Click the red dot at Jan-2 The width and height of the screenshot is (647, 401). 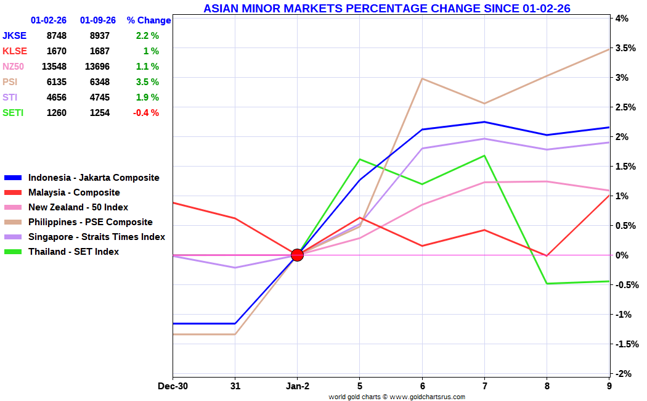(x=297, y=255)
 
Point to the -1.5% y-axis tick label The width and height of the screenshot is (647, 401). (x=623, y=344)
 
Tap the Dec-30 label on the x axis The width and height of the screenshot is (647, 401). (x=173, y=386)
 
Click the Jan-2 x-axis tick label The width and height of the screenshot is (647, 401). (x=297, y=386)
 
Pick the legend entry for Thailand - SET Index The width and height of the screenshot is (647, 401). (x=73, y=252)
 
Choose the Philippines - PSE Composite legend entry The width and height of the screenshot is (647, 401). (x=90, y=222)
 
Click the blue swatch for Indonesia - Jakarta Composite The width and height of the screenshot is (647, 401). (x=13, y=178)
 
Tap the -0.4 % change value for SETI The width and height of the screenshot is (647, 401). (x=147, y=113)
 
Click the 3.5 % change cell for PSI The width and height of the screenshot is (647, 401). (x=147, y=82)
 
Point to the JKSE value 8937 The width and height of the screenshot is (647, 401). (x=99, y=36)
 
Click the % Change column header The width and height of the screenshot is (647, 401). (x=149, y=20)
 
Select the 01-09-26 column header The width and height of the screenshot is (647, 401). (x=98, y=20)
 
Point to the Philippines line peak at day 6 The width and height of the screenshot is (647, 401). (x=422, y=78)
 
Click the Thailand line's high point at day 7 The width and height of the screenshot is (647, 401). (x=484, y=155)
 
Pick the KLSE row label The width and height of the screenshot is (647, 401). (x=15, y=51)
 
